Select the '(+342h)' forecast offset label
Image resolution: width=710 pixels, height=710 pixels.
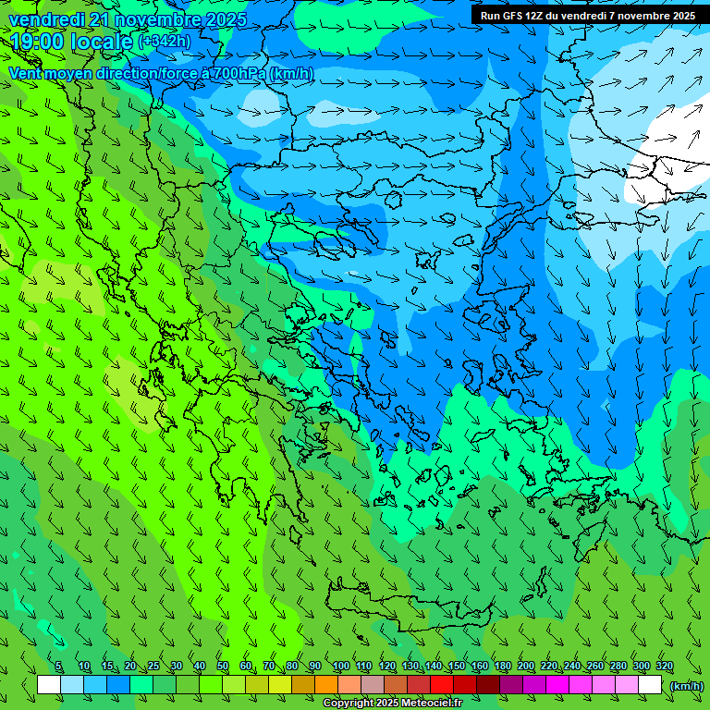[165, 41]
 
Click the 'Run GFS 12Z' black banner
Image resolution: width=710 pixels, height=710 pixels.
[588, 15]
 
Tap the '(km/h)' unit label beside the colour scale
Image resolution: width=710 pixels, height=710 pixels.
[686, 686]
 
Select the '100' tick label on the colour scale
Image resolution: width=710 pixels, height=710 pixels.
[340, 667]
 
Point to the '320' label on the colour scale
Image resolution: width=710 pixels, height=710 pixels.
[664, 667]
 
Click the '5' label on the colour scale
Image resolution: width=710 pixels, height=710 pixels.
[58, 667]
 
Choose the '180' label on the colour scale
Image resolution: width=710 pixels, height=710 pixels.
[503, 667]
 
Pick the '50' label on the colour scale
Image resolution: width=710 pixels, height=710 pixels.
[223, 667]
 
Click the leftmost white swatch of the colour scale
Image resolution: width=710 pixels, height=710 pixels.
[49, 685]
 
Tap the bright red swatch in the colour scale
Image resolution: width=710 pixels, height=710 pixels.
[442, 685]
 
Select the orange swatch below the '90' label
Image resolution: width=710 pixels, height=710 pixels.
[326, 685]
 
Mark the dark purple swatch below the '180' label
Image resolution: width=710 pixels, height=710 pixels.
[511, 685]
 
